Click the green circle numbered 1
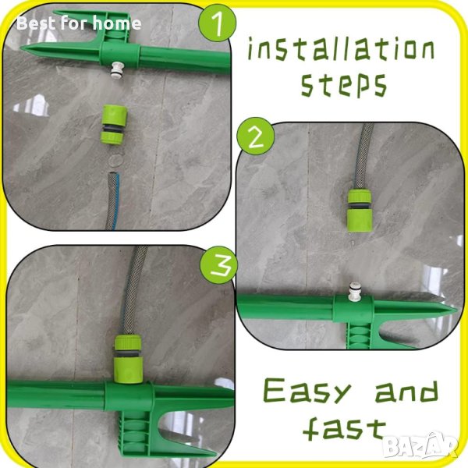point(218,23)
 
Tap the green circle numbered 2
point(256,136)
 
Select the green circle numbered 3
point(218,265)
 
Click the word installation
point(341,49)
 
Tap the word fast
point(344,429)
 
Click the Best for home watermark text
point(79,23)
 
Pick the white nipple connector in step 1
point(116,70)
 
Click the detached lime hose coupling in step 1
point(114,125)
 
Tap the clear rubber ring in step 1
point(115,160)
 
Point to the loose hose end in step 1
point(113,200)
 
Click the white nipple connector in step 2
point(356,289)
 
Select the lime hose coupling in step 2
point(360,211)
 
